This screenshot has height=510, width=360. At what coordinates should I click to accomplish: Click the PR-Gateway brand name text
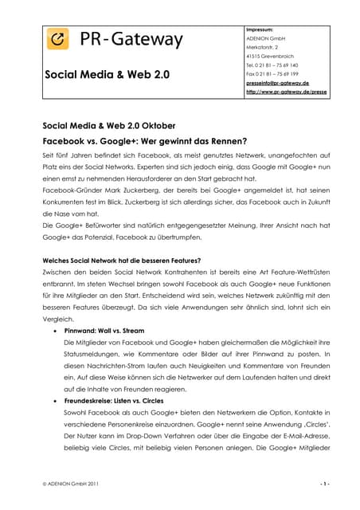(131, 39)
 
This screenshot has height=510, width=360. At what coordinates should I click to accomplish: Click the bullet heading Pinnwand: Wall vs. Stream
(106, 328)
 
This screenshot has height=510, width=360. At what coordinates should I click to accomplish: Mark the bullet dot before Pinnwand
(53, 329)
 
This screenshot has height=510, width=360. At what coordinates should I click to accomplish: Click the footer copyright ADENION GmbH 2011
(72, 484)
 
